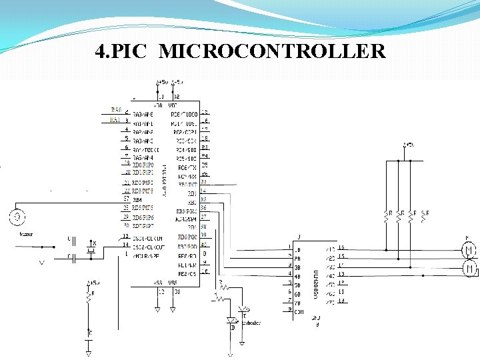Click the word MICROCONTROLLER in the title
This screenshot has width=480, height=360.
tap(273, 51)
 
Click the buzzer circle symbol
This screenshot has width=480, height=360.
tap(18, 217)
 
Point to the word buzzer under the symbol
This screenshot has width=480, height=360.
tap(26, 234)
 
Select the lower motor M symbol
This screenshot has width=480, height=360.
tap(468, 268)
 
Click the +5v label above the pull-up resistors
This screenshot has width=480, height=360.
tap(409, 145)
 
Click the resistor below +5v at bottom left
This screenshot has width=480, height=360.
tap(88, 299)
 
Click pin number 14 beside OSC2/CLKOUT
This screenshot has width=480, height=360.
tap(125, 244)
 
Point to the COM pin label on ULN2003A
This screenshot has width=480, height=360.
tap(299, 311)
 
